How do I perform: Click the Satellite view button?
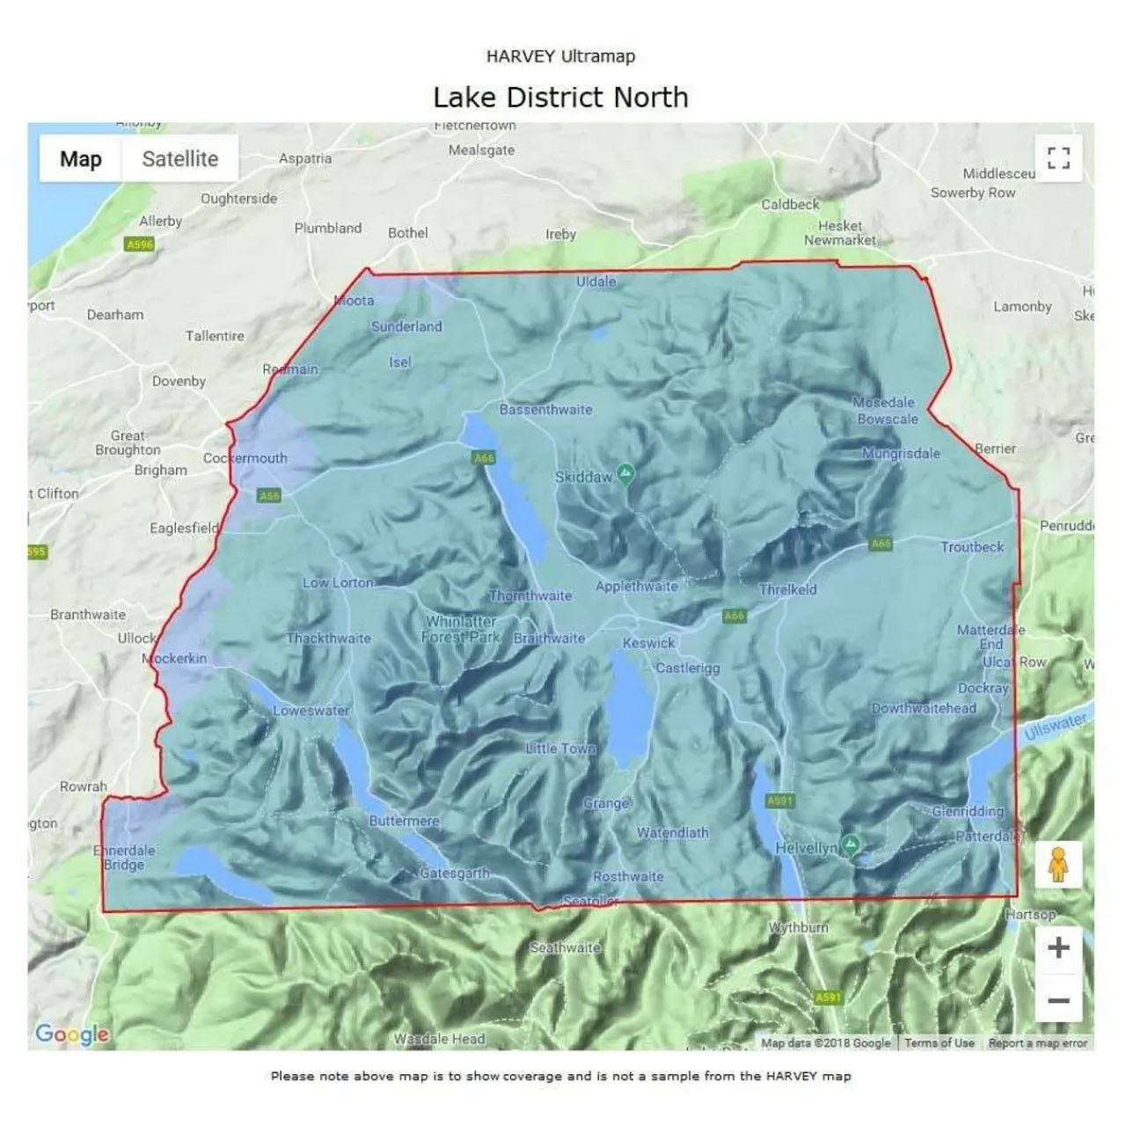point(180,159)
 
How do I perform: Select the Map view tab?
point(81,159)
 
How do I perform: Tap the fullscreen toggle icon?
point(1058,158)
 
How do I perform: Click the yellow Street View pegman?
point(1058,866)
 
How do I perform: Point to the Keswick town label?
point(648,643)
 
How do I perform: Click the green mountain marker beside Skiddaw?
point(625,475)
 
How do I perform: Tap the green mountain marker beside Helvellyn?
point(850,845)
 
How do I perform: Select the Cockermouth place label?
point(245,458)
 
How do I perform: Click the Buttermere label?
point(404,821)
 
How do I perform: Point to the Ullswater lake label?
point(1055,726)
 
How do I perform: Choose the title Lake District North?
point(560,97)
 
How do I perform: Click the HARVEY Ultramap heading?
point(560,56)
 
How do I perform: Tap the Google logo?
point(72,1035)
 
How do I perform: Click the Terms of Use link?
point(939,1043)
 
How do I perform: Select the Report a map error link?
point(1037,1043)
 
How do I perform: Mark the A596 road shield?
point(140,245)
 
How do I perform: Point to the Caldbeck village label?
point(789,204)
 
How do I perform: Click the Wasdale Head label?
point(439,1039)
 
